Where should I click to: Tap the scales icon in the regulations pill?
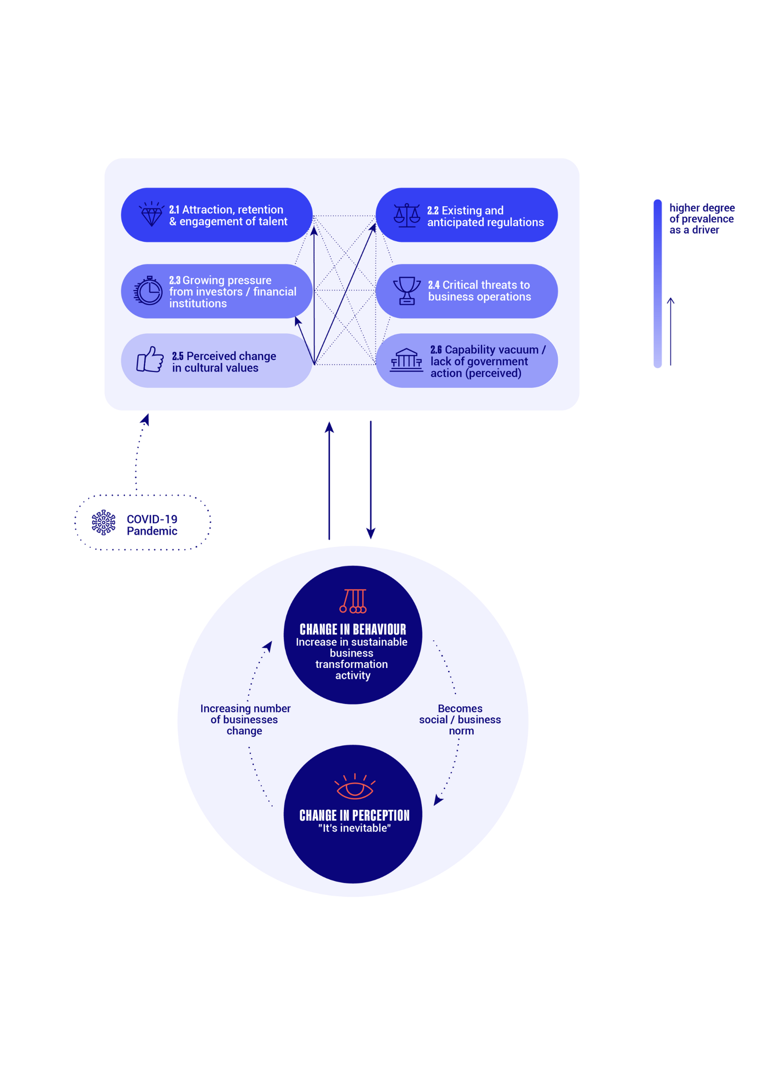(x=407, y=215)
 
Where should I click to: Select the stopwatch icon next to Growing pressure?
(x=148, y=290)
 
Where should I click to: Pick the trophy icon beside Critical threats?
(x=407, y=291)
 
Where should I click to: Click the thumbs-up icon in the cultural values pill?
(x=150, y=359)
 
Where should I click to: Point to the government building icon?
(x=406, y=360)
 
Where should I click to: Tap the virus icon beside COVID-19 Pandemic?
(x=103, y=522)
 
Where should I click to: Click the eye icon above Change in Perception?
(x=354, y=786)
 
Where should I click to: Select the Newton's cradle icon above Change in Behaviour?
(x=353, y=601)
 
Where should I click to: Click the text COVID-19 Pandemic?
(x=152, y=525)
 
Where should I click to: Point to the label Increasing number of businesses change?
(x=245, y=719)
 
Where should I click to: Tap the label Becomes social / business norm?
(x=460, y=719)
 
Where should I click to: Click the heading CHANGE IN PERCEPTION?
(x=354, y=815)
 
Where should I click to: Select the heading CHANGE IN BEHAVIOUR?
(x=353, y=629)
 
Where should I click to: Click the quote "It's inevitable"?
(x=354, y=828)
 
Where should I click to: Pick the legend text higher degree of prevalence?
(x=702, y=213)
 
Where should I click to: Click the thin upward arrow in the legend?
(x=670, y=331)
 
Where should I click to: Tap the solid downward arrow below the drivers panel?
(x=371, y=480)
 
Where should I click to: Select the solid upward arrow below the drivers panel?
(x=329, y=481)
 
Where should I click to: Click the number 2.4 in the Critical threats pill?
(x=433, y=285)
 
